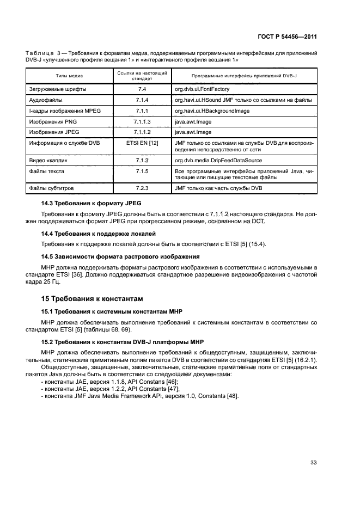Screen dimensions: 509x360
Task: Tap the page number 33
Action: pos(313,463)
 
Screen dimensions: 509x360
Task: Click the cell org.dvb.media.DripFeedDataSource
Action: pos(218,161)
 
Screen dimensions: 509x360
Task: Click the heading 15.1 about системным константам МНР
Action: pos(112,311)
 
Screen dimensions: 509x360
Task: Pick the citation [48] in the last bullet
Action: pos(233,395)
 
